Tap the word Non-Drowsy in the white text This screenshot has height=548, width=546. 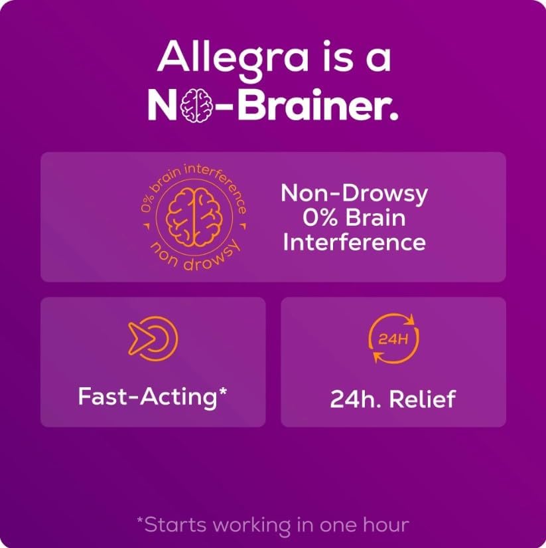tap(354, 194)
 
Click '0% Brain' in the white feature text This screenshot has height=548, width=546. tap(354, 218)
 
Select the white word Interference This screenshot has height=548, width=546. tap(354, 242)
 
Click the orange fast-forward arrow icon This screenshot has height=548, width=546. tap(153, 339)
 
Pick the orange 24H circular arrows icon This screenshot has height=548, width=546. tap(393, 339)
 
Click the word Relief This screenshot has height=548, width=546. tap(423, 399)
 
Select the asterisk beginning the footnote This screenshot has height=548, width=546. tap(140, 521)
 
